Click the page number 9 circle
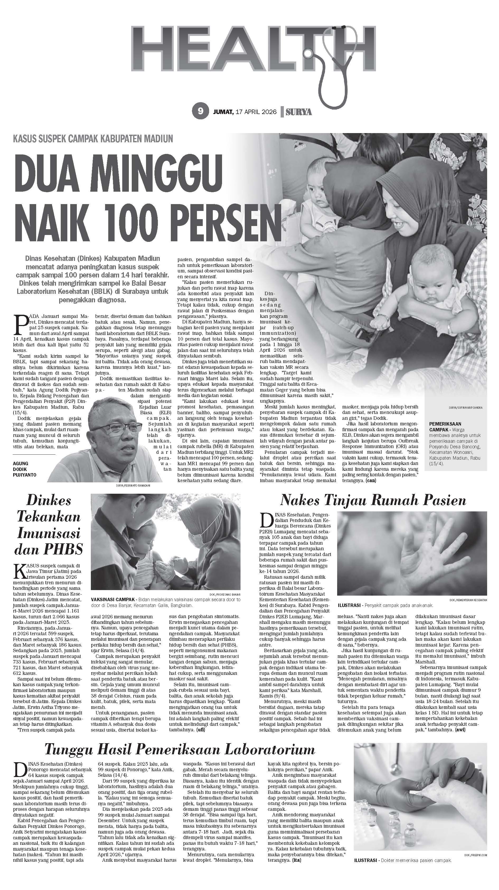click(x=200, y=111)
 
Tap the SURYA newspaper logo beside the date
click(x=299, y=112)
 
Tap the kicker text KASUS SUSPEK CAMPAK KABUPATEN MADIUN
click(x=93, y=139)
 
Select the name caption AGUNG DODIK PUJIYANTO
click(x=26, y=469)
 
